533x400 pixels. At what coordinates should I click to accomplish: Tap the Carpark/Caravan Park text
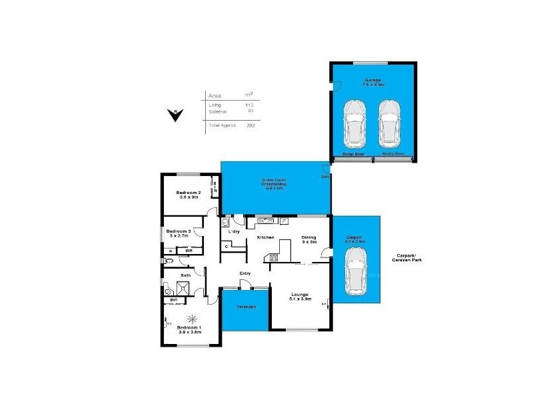click(408, 260)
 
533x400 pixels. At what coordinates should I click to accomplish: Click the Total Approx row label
click(223, 125)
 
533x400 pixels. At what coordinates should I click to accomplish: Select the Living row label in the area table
click(214, 105)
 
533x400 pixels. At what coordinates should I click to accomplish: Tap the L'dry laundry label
click(234, 231)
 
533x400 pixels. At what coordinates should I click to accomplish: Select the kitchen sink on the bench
click(264, 219)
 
